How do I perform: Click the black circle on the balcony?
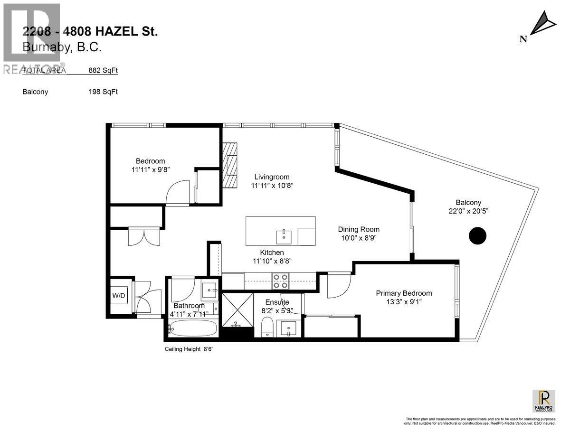pyautogui.click(x=477, y=235)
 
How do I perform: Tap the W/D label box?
pyautogui.click(x=119, y=296)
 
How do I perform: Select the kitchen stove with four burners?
pyautogui.click(x=281, y=281)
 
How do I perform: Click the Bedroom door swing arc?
pyautogui.click(x=173, y=193)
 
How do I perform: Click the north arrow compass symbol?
pyautogui.click(x=541, y=25)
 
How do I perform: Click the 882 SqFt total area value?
pyautogui.click(x=103, y=70)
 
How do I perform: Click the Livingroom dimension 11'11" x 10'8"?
pyautogui.click(x=272, y=186)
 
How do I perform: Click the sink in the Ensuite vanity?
pyautogui.click(x=288, y=328)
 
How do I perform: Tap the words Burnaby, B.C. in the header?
pyautogui.click(x=62, y=47)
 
